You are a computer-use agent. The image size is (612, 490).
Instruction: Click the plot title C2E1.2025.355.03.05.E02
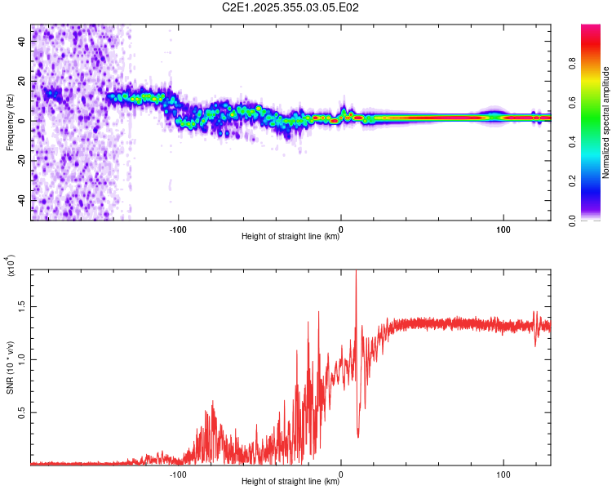point(291,7)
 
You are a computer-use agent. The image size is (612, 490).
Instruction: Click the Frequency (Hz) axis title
point(10,122)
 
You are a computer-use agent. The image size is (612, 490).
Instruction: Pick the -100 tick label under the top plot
point(179,228)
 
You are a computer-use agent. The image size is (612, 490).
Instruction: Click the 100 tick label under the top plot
point(503,228)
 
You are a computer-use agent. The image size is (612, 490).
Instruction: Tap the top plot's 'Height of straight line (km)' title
point(290,237)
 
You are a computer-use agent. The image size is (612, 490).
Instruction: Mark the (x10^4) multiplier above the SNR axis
point(11,266)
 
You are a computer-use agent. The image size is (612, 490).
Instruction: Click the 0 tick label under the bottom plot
point(341,473)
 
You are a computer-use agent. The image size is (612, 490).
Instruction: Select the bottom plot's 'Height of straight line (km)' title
point(290,482)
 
